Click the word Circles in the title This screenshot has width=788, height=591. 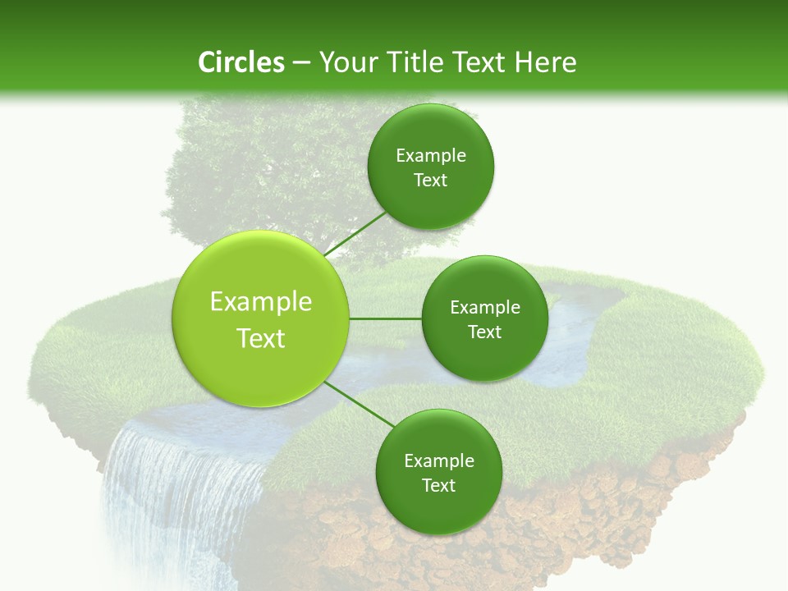pos(241,62)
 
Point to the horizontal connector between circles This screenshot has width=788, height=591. pos(386,318)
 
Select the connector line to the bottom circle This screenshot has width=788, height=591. pos(360,404)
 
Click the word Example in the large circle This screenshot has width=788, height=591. pos(260,302)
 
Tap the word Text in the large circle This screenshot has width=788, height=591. pos(260,338)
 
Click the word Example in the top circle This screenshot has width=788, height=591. pos(431,156)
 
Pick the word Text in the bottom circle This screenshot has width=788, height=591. pos(438,485)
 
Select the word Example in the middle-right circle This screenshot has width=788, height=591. pos(484,308)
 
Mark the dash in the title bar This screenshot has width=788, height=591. pos(301,62)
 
